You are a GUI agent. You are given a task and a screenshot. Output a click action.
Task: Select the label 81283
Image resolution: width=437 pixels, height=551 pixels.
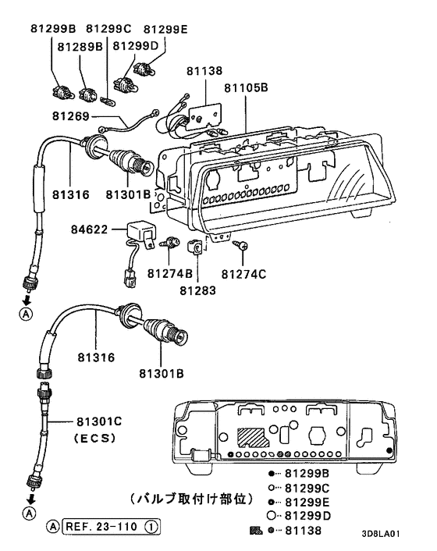[x=198, y=290]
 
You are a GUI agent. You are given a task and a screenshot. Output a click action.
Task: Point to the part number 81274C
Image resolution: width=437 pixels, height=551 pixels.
[x=244, y=274]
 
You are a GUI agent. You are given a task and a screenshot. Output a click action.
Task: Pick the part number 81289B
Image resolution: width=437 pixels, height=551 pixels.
[x=78, y=46]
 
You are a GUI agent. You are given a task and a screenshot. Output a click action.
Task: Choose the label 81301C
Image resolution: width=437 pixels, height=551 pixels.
[x=98, y=421]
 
